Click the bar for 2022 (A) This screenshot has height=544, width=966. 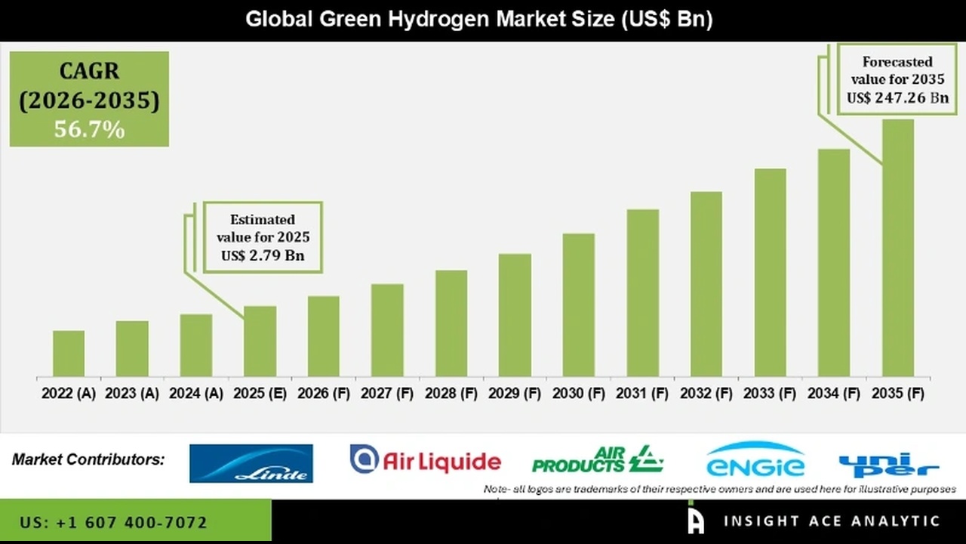click(69, 354)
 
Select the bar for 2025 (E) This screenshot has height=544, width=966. click(260, 342)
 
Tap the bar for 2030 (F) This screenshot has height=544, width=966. click(578, 305)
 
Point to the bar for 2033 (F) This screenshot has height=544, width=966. click(770, 273)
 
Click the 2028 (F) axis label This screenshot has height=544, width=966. click(451, 394)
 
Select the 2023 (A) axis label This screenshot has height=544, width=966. click(132, 394)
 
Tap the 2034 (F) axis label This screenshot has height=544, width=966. click(834, 394)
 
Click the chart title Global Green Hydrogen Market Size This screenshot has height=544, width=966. click(479, 19)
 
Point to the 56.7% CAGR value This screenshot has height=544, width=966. click(89, 130)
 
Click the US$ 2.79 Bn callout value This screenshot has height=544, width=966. click(263, 255)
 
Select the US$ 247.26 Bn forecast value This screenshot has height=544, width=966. click(897, 97)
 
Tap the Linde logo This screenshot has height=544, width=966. click(251, 463)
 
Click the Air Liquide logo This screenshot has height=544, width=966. click(426, 460)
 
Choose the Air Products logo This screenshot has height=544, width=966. click(598, 459)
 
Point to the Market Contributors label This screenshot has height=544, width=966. click(88, 459)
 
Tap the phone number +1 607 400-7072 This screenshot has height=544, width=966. click(114, 522)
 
